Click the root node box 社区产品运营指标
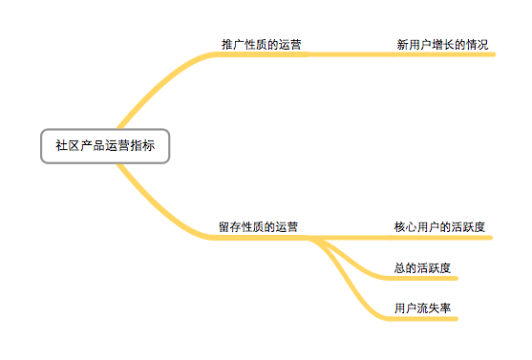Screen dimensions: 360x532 click(105, 146)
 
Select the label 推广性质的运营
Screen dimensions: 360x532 click(262, 45)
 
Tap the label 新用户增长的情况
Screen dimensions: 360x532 click(442, 45)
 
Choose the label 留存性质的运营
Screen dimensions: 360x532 click(258, 227)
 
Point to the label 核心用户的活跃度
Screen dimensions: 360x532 click(439, 227)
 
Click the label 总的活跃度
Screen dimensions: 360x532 click(421, 268)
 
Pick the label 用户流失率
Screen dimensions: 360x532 click(421, 308)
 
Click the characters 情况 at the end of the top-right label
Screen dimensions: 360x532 click(477, 45)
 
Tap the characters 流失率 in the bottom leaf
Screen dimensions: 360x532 click(434, 308)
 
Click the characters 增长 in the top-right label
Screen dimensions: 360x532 click(442, 45)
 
